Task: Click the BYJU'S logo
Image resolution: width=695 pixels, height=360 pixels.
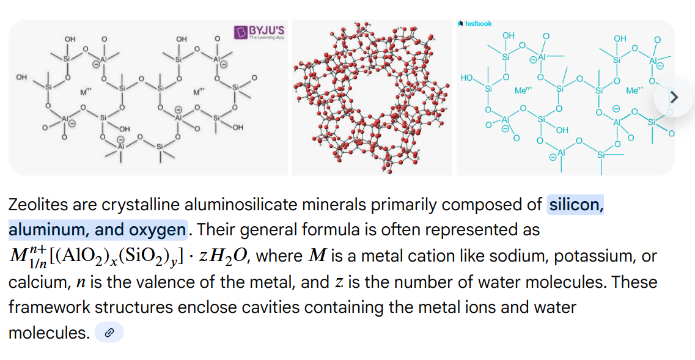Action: [260, 31]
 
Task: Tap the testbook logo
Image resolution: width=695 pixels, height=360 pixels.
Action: [476, 23]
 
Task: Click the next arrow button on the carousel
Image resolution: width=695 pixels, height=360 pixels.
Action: [674, 97]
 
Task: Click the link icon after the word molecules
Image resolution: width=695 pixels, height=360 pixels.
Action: [109, 333]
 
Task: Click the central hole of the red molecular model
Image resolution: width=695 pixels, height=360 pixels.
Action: [372, 95]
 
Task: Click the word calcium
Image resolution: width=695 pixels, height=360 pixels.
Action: [34, 282]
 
